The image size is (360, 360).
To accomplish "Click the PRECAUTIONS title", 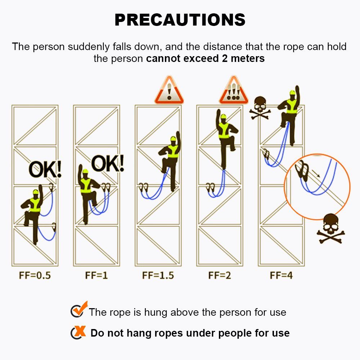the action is [x=180, y=20].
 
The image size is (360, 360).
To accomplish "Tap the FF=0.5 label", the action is [x=35, y=275].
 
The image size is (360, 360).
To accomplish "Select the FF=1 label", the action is [x=96, y=275].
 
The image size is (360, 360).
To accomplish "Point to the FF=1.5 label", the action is [x=158, y=275].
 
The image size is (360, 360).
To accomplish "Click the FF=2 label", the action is [x=220, y=275].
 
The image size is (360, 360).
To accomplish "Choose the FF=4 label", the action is [x=281, y=275].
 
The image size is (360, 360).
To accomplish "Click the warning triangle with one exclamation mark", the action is [x=169, y=90].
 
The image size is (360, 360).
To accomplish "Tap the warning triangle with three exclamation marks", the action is [x=234, y=90].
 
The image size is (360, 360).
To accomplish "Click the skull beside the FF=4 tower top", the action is [x=260, y=108].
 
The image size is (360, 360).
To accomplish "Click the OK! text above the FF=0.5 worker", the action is [x=45, y=170].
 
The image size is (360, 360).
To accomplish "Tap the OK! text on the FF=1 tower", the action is [x=108, y=163].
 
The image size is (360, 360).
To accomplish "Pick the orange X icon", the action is [x=78, y=332].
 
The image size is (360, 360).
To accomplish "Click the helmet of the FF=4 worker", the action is [x=292, y=93].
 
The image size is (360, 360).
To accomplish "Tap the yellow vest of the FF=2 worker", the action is [x=224, y=131].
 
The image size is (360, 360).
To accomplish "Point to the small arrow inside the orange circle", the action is [x=316, y=174].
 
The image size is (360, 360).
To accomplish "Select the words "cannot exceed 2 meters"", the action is [x=205, y=58].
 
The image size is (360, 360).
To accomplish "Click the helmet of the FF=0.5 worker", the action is [x=36, y=192].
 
